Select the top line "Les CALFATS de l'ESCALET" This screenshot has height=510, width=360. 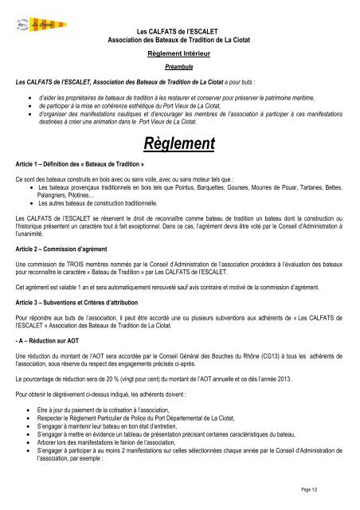179,29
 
